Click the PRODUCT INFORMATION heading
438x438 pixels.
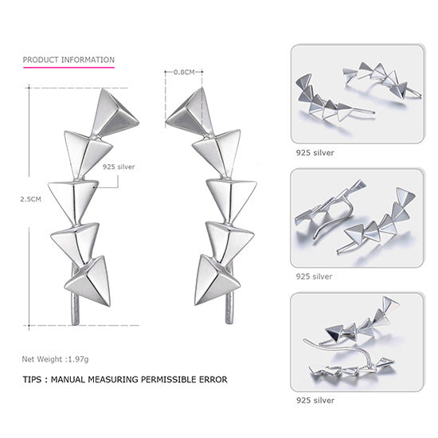pos(68,60)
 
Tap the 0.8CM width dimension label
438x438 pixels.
pos(184,72)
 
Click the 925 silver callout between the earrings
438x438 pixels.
pos(119,168)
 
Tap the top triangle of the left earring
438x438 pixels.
pos(113,114)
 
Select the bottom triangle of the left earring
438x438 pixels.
pos(87,280)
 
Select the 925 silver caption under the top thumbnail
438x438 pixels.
pos(314,152)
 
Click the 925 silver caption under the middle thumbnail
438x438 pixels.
pos(314,276)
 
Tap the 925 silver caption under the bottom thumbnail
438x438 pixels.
pos(314,400)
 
